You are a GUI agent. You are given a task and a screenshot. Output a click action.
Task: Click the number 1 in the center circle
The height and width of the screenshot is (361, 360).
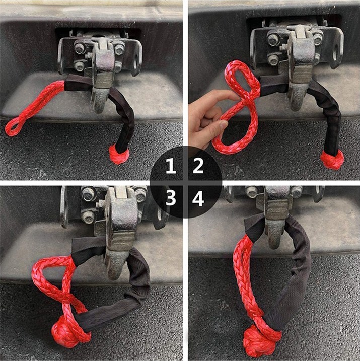pyautogui.click(x=171, y=167)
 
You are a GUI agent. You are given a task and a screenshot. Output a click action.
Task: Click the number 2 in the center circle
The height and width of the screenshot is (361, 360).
pyautogui.click(x=198, y=166)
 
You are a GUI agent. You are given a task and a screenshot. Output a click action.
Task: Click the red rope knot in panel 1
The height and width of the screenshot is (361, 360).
pyautogui.click(x=119, y=154)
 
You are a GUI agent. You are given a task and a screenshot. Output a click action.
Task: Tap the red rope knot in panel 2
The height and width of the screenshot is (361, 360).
pyautogui.click(x=332, y=159)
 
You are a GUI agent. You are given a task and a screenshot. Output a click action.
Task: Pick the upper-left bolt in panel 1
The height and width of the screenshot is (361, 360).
pyautogui.click(x=80, y=48)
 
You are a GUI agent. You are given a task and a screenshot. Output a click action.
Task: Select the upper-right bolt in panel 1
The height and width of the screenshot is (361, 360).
pyautogui.click(x=119, y=49)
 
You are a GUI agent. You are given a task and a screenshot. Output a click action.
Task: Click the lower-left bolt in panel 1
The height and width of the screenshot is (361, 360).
pyautogui.click(x=80, y=66)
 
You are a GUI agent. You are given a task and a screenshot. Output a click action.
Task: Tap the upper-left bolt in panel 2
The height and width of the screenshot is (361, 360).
pyautogui.click(x=274, y=40)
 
